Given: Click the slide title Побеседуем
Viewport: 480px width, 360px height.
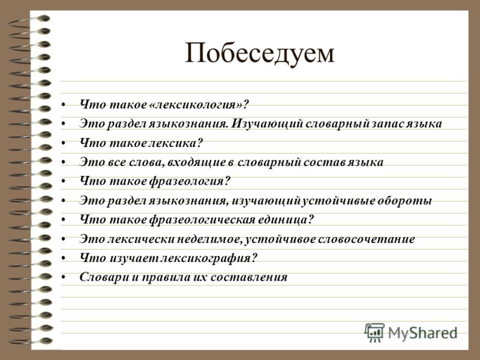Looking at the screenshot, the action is click(x=260, y=53).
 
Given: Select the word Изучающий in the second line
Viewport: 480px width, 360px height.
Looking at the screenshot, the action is click(x=267, y=124).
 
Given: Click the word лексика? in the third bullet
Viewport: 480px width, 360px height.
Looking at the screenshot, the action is click(x=175, y=143).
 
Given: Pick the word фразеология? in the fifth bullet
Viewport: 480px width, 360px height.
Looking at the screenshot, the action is click(x=190, y=181).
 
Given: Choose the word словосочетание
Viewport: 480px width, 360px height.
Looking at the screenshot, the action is click(x=366, y=239).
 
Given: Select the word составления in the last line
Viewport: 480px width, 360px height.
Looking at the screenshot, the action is click(x=249, y=277).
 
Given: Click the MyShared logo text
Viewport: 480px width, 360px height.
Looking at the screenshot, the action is click(x=423, y=333).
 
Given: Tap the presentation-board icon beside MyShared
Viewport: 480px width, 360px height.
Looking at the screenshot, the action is click(x=374, y=332).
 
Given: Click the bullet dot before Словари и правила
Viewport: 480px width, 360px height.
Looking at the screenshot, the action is click(x=64, y=277).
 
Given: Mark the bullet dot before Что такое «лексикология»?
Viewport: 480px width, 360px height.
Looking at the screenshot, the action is click(x=64, y=105).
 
